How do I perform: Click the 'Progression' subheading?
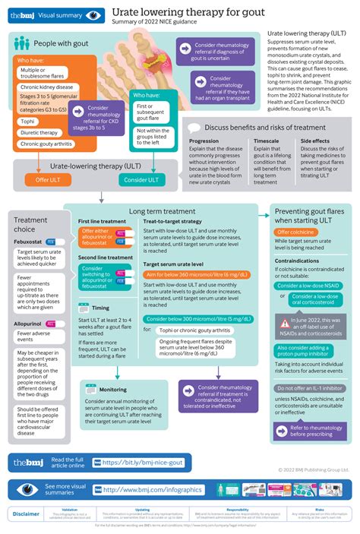pos(204,141)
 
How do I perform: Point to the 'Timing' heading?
pos(99,308)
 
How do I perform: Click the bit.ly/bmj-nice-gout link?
pos(145,462)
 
